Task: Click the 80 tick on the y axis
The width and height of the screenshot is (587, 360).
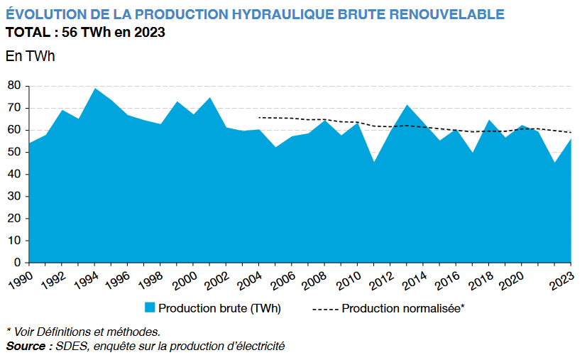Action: pos(13,86)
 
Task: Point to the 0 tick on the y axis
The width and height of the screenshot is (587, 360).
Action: pos(16,263)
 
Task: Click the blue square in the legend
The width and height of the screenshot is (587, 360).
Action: pos(150,308)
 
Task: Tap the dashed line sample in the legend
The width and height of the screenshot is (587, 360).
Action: pos(325,309)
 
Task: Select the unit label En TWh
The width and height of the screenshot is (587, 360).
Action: pos(30,56)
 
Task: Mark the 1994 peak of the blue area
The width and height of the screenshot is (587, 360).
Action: pos(95,89)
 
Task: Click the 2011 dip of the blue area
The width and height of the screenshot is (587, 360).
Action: pos(374,163)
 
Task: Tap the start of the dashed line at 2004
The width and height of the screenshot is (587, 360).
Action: pos(258,117)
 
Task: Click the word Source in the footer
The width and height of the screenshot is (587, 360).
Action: pos(27,346)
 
